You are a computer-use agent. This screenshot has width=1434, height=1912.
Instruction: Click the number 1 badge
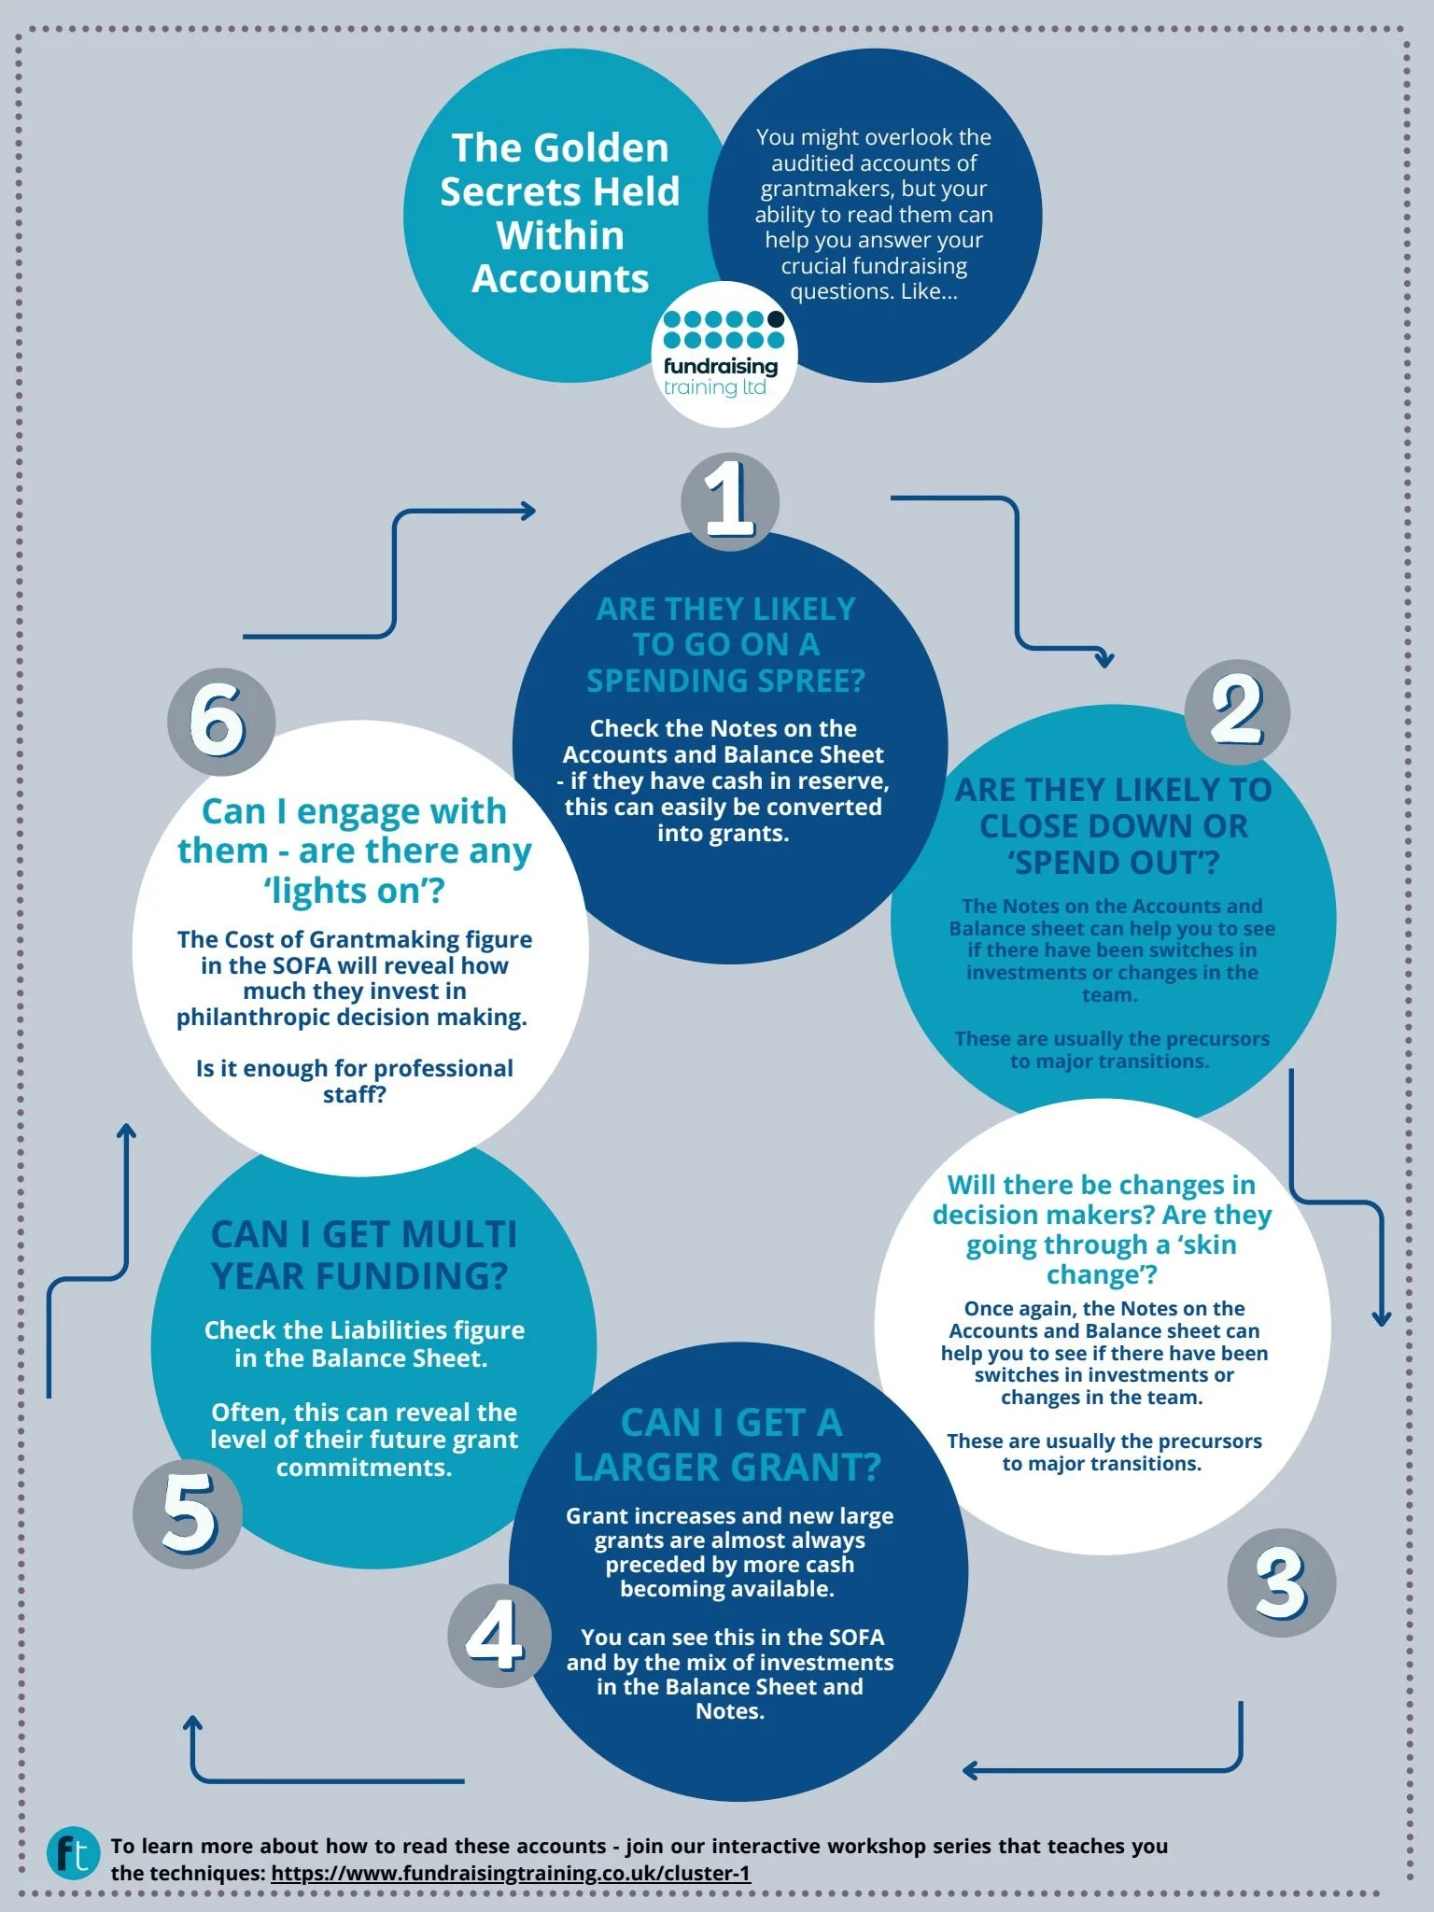pos(729,499)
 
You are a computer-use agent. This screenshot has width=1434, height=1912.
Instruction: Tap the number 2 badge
pos(1237,711)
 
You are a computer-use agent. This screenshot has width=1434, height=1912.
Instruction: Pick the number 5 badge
pos(188,1512)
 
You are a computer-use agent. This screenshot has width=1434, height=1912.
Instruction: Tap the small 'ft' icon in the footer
pos(73,1853)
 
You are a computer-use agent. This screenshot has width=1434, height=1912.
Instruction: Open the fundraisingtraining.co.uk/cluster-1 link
pos(511,1873)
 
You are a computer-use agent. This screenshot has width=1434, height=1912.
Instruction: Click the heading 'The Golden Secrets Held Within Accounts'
pos(560,213)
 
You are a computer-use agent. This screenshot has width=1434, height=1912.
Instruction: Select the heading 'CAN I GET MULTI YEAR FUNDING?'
pos(363,1255)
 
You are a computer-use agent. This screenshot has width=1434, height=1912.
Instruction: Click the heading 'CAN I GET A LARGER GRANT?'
pos(727,1445)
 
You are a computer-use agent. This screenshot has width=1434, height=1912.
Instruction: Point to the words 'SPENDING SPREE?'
pos(725,681)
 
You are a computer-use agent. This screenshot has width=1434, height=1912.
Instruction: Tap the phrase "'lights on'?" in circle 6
pos(354,891)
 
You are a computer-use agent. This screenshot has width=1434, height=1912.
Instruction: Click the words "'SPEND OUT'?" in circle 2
pos(1113,863)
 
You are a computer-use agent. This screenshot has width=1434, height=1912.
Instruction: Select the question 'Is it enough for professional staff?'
pos(355,1081)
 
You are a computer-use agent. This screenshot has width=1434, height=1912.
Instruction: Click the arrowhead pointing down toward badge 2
pos(1104,659)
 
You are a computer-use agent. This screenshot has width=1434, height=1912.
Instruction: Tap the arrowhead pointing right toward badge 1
pos(527,510)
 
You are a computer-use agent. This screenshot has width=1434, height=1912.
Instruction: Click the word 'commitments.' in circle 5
pos(364,1468)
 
